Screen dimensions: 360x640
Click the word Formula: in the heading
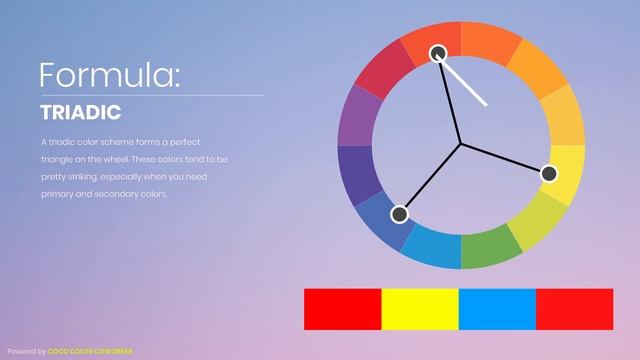pyautogui.click(x=110, y=75)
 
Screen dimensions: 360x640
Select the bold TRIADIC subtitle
pyautogui.click(x=81, y=112)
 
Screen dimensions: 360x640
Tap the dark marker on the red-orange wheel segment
pyautogui.click(x=438, y=53)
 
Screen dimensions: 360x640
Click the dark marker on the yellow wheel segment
pyautogui.click(x=548, y=173)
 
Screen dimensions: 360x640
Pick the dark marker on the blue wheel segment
pyautogui.click(x=400, y=214)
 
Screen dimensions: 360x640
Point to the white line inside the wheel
pyautogui.click(x=465, y=84)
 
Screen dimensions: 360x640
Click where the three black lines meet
pyautogui.click(x=461, y=144)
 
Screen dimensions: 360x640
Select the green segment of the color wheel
pyautogui.click(x=490, y=247)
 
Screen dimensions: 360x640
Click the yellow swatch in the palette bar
pyautogui.click(x=420, y=309)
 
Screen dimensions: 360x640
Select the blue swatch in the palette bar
pyautogui.click(x=497, y=309)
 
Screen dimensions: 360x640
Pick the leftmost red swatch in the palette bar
pyautogui.click(x=343, y=309)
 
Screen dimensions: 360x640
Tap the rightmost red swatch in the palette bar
pyautogui.click(x=574, y=309)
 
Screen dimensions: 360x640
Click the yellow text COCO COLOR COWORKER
pyautogui.click(x=90, y=351)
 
